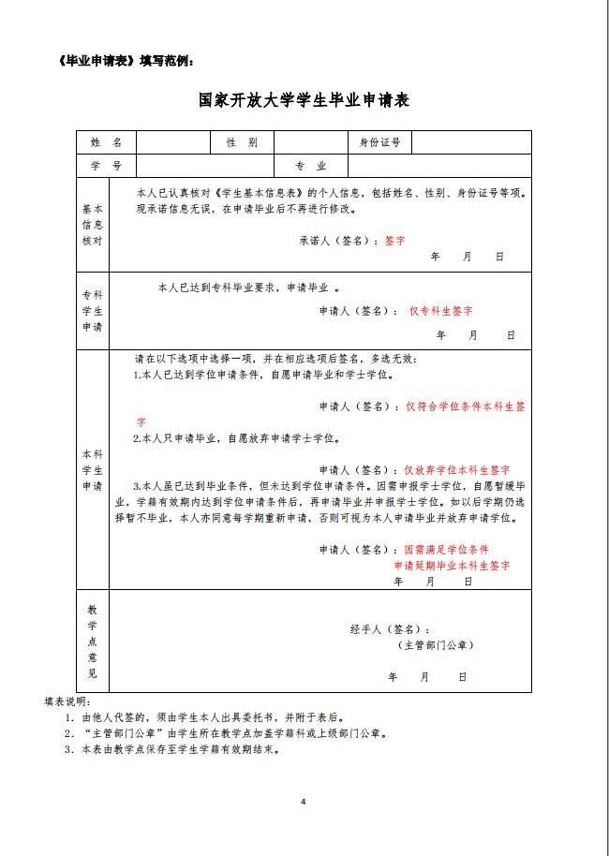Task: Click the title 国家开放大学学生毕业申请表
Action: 304,99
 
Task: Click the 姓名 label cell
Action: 106,142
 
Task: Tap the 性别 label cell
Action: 242,142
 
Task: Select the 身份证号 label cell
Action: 379,142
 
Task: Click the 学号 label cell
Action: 106,166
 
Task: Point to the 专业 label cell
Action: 310,166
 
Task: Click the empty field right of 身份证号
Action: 471,142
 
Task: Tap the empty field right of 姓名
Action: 173,142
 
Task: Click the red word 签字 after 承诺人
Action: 394,240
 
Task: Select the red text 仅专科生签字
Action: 440,310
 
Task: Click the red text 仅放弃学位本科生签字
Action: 456,469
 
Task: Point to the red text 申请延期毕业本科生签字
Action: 452,566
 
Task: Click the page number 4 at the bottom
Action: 304,801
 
